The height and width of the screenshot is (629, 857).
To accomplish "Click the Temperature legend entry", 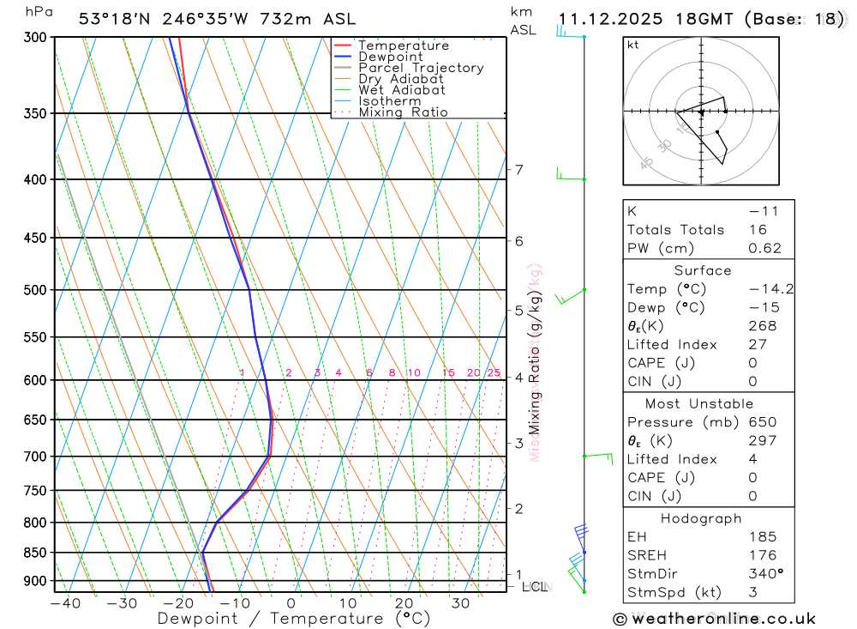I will (x=403, y=45).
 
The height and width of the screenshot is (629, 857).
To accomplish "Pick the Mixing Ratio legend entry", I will (x=403, y=112).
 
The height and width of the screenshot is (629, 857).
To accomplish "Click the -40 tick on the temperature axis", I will (x=65, y=603).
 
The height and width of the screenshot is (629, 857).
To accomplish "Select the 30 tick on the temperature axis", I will (x=460, y=603).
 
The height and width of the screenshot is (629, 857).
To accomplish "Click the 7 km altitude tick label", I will (x=519, y=170).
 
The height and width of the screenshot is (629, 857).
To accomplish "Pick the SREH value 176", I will (x=761, y=555).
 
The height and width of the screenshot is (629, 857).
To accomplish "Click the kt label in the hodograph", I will (x=633, y=45).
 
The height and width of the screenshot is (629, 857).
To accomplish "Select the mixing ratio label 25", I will (x=494, y=372).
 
